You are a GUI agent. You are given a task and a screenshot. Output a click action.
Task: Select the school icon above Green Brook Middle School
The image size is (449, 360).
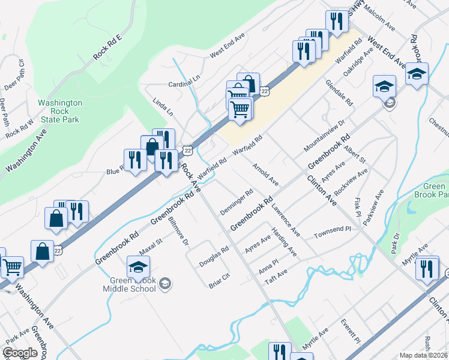point(139,266)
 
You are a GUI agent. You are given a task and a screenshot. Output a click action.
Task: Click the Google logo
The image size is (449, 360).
point(20,353)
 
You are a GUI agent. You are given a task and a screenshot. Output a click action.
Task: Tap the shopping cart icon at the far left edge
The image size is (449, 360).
point(11,267)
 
